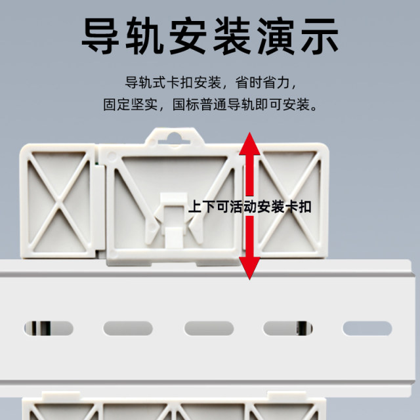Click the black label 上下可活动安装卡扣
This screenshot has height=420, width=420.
point(249,207)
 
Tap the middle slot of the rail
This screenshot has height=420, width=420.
point(209,327)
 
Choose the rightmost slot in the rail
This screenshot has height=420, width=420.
point(366,327)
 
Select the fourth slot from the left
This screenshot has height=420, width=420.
point(287,327)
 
